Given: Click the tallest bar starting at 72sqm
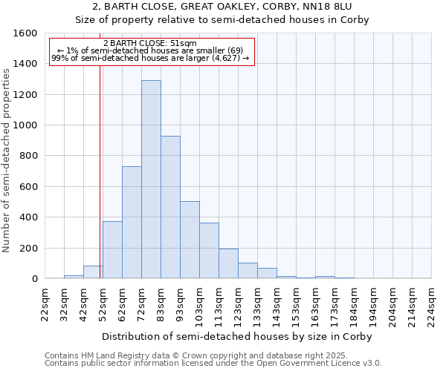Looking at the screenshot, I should [151, 180].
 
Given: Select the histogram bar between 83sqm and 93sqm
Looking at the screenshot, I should [170, 207].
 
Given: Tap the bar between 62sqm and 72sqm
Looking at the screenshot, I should [132, 223].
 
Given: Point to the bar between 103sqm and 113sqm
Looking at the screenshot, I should [209, 251].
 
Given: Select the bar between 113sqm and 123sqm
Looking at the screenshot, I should [228, 263].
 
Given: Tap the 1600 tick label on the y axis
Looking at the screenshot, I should [25, 33].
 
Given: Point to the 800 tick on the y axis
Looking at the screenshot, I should [28, 156].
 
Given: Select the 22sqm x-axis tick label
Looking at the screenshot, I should [45, 303].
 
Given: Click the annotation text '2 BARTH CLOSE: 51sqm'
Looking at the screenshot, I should [150, 44].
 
